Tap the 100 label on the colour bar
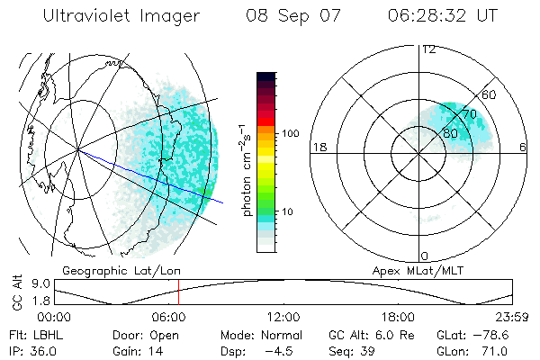coord(291,133)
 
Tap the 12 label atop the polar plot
coord(428,49)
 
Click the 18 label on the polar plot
coord(318,147)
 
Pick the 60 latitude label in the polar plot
coord(490,95)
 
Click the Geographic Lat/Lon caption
coord(107,270)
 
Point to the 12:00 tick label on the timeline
coord(283,317)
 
